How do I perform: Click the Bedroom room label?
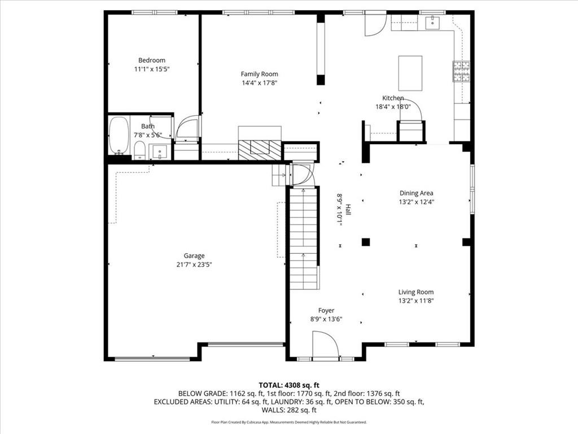coord(152,60)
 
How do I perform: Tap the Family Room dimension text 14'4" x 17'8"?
coord(259,83)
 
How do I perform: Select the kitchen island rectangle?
coord(410,73)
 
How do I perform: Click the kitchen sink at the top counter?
coord(433,22)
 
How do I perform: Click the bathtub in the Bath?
coord(119,135)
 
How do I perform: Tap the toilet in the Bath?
coord(139,150)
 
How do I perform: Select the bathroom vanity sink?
coord(160,151)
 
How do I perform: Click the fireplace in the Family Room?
coord(260,147)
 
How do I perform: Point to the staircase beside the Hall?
coord(304,237)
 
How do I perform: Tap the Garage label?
coord(194,255)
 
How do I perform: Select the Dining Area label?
coord(416,193)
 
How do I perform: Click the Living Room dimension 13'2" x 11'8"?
coord(416,301)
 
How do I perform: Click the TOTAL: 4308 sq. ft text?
coord(288,385)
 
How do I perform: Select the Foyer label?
coord(326,310)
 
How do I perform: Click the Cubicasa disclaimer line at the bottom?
coord(288,422)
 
